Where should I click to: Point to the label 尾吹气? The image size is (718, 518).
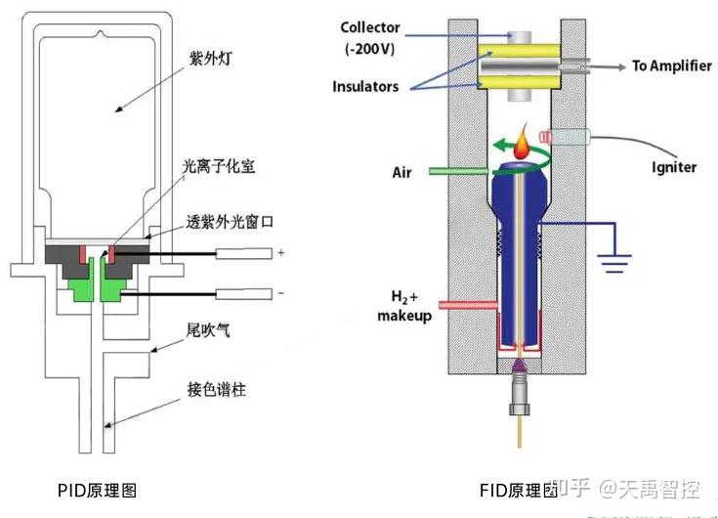206,332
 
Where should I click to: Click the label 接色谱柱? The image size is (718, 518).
216,390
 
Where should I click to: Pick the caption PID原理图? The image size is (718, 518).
95,489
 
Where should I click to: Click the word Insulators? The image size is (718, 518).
366,87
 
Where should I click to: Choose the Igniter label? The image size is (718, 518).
674,166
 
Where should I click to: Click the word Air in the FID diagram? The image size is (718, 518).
402,173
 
